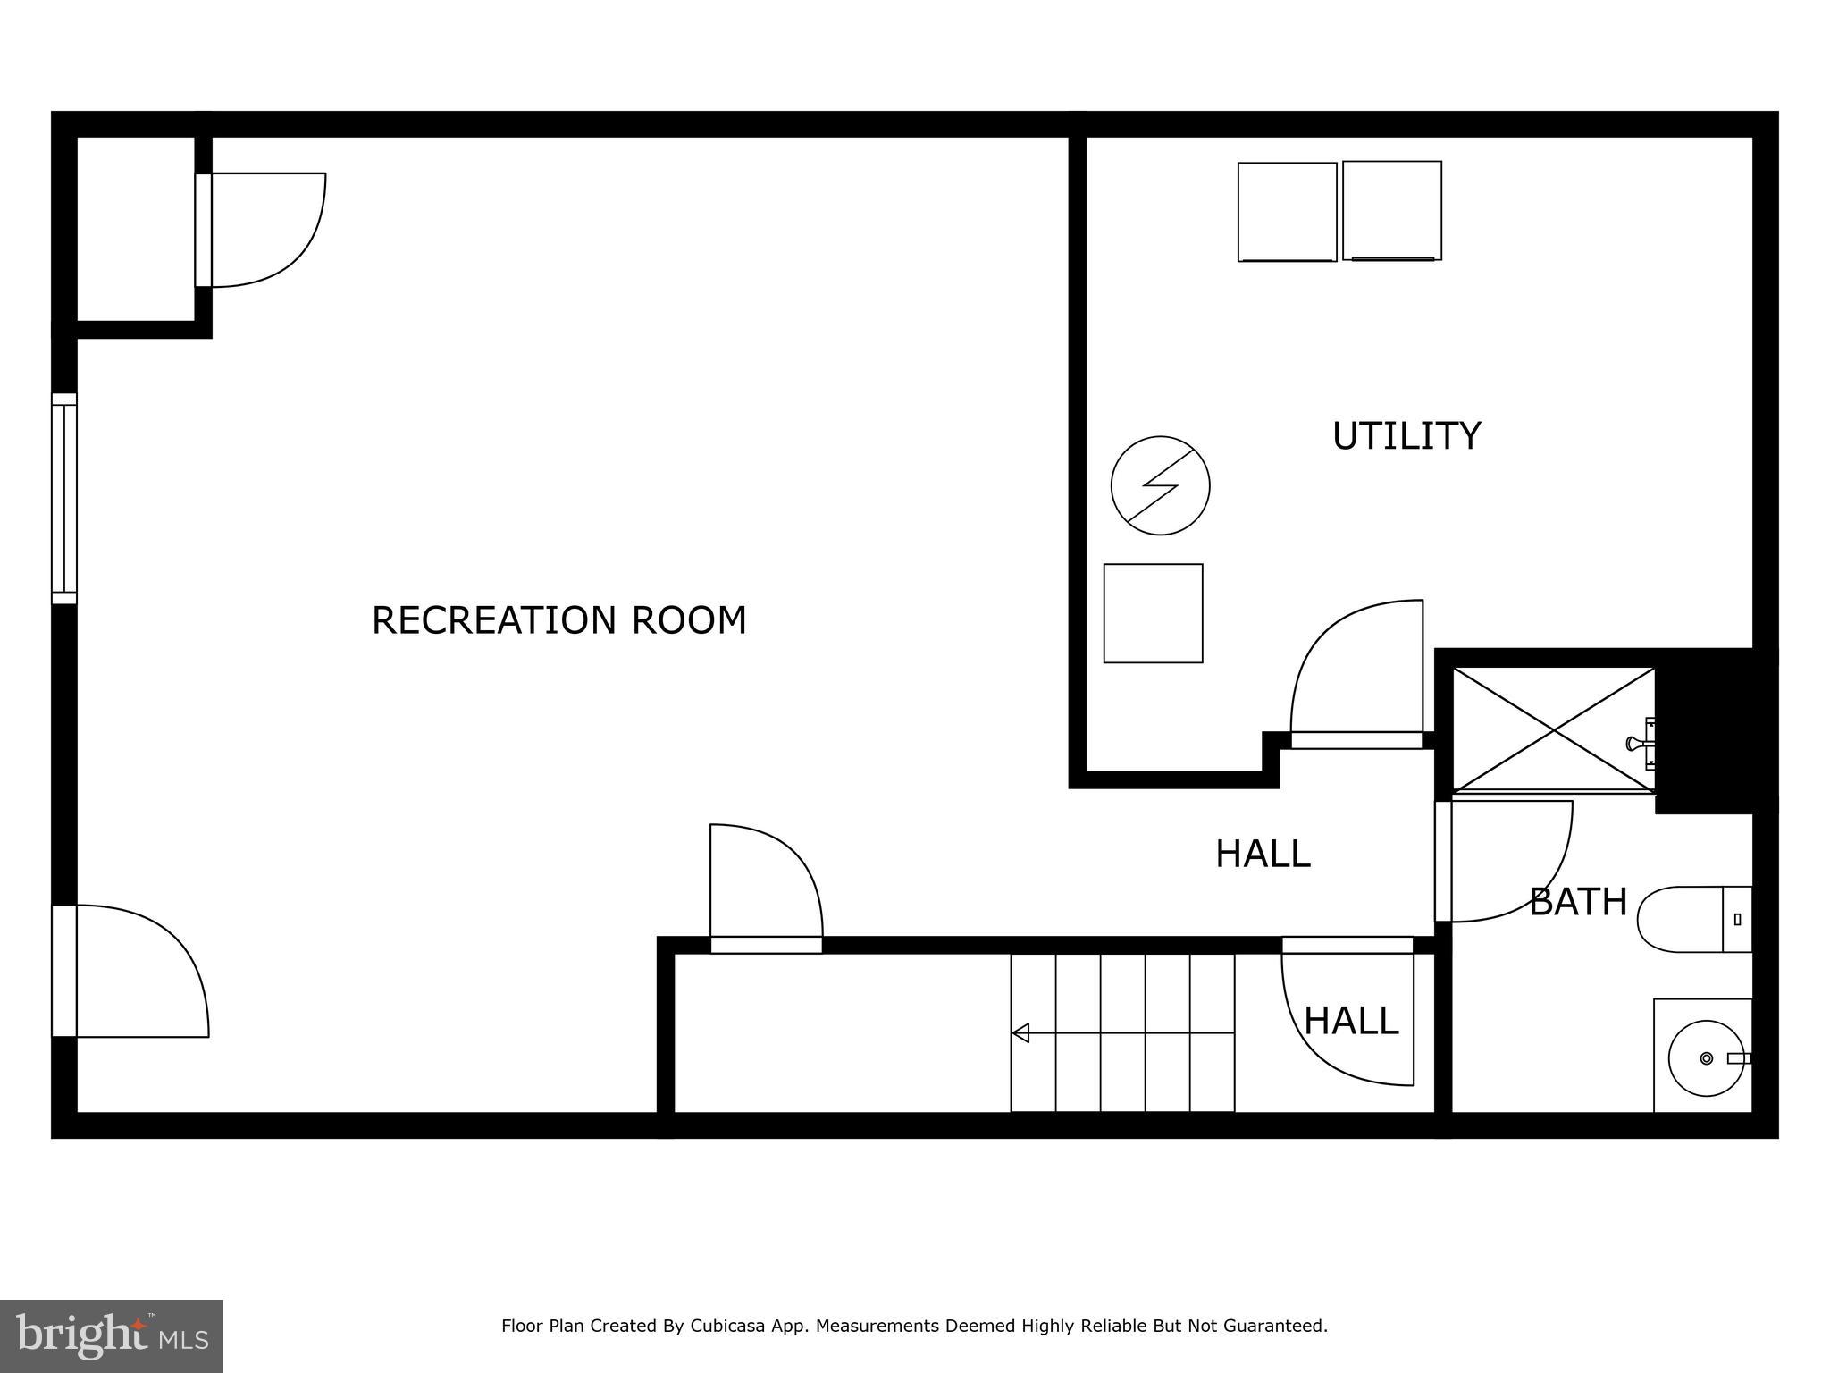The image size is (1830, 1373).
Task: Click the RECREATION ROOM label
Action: [558, 619]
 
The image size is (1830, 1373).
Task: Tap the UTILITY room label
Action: [1406, 436]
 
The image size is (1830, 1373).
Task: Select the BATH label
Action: [1577, 902]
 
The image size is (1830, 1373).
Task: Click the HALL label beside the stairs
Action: [1350, 1021]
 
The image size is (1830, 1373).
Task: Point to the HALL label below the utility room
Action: [1262, 854]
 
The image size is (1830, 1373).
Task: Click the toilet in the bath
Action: [1689, 919]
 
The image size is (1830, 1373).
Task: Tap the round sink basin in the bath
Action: [1705, 1058]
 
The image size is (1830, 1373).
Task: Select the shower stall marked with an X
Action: [1553, 730]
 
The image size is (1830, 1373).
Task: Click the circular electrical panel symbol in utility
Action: [1160, 485]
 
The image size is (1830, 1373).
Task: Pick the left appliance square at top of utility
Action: [1287, 212]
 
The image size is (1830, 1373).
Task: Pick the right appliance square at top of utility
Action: [1391, 211]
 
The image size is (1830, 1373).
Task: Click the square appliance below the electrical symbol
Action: [1153, 613]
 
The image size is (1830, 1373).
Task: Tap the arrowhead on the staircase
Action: [1020, 1033]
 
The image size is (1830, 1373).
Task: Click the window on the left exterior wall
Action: [64, 498]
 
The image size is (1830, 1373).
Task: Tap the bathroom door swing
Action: [1506, 860]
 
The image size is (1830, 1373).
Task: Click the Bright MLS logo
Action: [111, 1335]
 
